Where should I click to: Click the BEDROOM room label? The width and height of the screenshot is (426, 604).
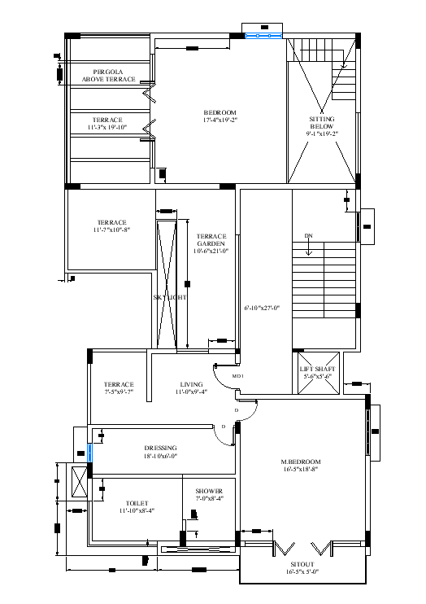click(x=220, y=112)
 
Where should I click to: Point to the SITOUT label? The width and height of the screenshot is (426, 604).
click(x=302, y=563)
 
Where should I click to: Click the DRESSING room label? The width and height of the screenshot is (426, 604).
click(x=160, y=448)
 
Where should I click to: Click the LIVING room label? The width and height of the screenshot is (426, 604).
click(x=192, y=384)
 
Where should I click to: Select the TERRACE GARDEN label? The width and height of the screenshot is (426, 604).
click(x=211, y=240)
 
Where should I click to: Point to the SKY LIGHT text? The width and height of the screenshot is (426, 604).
click(x=170, y=297)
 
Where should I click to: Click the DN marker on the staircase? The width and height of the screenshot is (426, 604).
click(x=308, y=236)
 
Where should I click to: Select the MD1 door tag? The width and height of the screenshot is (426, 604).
click(x=238, y=376)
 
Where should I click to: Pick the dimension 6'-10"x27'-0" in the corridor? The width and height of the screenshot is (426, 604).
click(x=262, y=308)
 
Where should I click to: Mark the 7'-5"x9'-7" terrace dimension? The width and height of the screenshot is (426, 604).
click(x=119, y=392)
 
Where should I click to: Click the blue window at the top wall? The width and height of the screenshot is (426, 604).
click(x=263, y=36)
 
